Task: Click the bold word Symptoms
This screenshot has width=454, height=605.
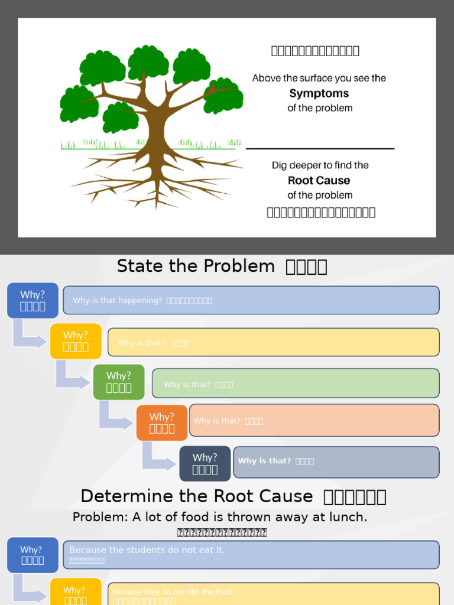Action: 319,93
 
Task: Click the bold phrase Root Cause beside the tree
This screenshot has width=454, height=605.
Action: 319,181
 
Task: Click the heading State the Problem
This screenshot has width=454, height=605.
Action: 196,266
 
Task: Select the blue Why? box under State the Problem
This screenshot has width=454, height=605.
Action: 33,300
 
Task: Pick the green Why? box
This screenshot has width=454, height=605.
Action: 119,382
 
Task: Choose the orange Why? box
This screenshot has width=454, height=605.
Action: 162,422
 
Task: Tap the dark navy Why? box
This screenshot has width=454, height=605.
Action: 205,463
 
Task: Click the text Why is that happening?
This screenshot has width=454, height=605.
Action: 117,300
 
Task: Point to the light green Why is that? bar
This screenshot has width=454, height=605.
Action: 296,383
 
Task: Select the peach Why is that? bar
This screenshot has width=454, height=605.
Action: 314,420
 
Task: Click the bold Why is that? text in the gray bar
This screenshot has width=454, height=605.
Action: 264,461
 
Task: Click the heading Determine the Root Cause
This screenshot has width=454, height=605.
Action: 197,496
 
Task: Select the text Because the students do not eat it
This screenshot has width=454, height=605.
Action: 147,550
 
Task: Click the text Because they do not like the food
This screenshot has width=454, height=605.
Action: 173,591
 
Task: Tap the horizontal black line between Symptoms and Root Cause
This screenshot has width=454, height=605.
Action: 320,148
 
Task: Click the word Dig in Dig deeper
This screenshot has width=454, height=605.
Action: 279,165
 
